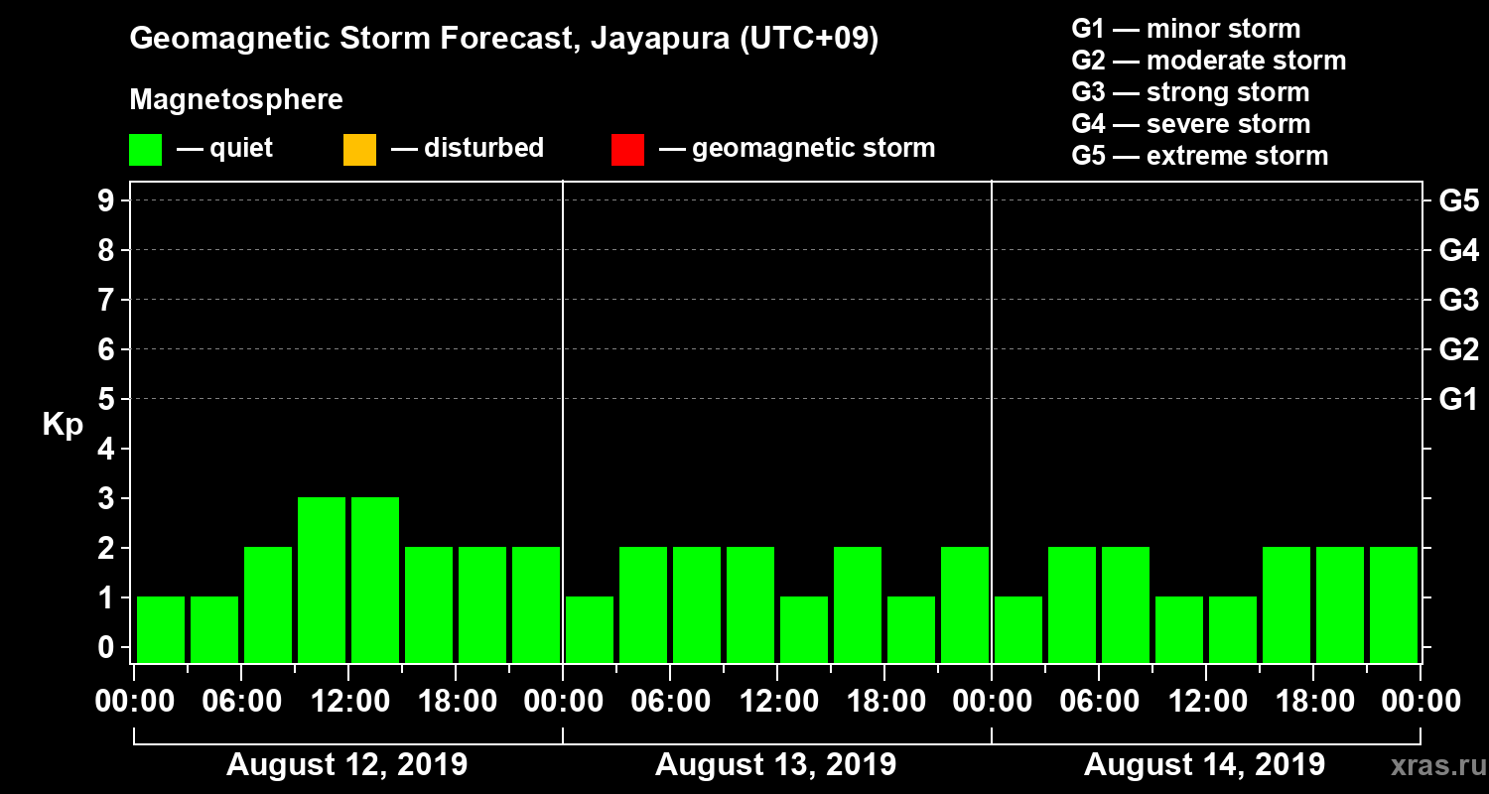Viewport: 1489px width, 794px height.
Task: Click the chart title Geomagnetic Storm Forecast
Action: (504, 40)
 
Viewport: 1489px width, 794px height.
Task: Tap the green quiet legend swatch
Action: (145, 150)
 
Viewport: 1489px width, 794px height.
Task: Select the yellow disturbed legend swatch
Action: (359, 150)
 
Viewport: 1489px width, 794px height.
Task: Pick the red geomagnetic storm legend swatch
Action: (627, 150)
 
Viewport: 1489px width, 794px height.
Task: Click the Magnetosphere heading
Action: (236, 100)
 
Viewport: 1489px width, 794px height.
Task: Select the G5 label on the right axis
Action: (1458, 201)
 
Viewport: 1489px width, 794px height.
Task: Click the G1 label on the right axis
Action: (1458, 400)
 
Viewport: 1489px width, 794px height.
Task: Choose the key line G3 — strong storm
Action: (1190, 92)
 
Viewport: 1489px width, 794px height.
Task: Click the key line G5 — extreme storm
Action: (1199, 156)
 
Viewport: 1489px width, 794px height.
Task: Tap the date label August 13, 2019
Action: (775, 765)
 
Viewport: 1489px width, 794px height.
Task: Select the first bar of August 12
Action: (161, 629)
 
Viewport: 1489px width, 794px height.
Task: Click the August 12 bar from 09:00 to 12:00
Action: (322, 580)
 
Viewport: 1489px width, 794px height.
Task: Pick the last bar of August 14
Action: (1394, 604)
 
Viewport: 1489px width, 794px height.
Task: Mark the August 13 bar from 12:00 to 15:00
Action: (804, 629)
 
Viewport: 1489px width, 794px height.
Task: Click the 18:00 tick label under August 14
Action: (1313, 702)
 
